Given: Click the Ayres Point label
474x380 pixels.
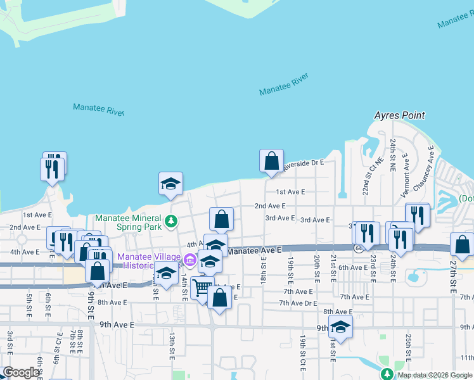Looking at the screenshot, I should point(399,116).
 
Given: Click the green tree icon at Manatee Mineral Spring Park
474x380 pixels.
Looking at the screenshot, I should point(170,221).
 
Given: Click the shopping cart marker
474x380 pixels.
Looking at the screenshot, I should point(202,288).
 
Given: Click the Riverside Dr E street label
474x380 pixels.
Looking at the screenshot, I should point(304,163).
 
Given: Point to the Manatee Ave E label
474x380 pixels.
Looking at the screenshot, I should point(253,251).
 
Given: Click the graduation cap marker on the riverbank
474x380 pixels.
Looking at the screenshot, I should point(170,184).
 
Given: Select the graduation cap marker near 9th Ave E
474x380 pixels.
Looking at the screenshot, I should point(341,327).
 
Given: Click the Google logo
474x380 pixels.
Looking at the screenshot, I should point(21,373).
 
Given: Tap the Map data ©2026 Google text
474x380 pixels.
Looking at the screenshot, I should point(434,375).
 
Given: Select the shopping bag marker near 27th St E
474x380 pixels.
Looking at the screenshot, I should point(463,245).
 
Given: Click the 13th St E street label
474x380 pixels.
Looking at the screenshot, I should point(172,346).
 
